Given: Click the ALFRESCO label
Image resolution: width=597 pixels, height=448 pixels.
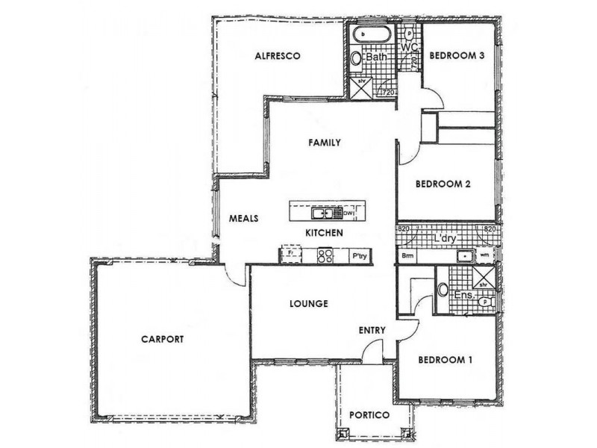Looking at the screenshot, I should click(278, 56).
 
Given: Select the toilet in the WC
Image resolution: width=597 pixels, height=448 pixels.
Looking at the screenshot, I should click(408, 34).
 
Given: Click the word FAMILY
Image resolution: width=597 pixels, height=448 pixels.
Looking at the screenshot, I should click(325, 142).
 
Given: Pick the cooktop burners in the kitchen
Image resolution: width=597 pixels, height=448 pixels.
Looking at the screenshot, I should click(325, 255).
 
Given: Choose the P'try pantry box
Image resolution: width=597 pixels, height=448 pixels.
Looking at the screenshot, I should click(359, 255).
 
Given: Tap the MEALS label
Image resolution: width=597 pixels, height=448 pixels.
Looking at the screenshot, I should click(243, 219).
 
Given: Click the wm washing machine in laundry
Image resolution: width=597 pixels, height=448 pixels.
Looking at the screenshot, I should click(485, 255).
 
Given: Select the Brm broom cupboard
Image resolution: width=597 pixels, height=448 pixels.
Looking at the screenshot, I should click(407, 255).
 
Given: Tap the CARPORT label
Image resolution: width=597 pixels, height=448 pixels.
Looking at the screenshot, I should click(162, 339).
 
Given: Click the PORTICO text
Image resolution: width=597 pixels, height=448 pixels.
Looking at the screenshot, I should click(372, 415).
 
